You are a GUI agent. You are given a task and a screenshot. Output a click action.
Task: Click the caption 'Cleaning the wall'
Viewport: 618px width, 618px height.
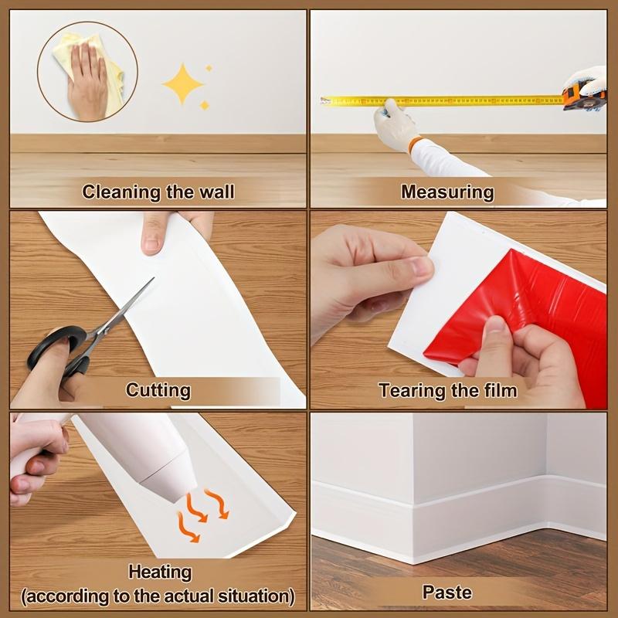(158, 192)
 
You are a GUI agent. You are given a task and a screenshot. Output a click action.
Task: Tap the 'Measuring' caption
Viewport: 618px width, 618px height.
(447, 192)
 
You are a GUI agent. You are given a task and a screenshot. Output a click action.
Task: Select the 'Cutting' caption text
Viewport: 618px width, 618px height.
(158, 390)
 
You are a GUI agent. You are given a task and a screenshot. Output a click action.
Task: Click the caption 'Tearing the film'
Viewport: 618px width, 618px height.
(447, 390)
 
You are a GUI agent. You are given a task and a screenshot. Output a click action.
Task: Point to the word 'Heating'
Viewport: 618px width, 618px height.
(160, 572)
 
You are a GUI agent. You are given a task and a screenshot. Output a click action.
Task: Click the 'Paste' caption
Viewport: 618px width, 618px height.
(447, 593)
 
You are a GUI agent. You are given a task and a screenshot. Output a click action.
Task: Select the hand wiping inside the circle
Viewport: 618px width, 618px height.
(87, 79)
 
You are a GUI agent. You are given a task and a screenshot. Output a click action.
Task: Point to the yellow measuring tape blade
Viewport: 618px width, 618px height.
(448, 100)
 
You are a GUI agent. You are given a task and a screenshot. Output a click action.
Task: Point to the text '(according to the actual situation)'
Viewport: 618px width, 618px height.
(158, 596)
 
